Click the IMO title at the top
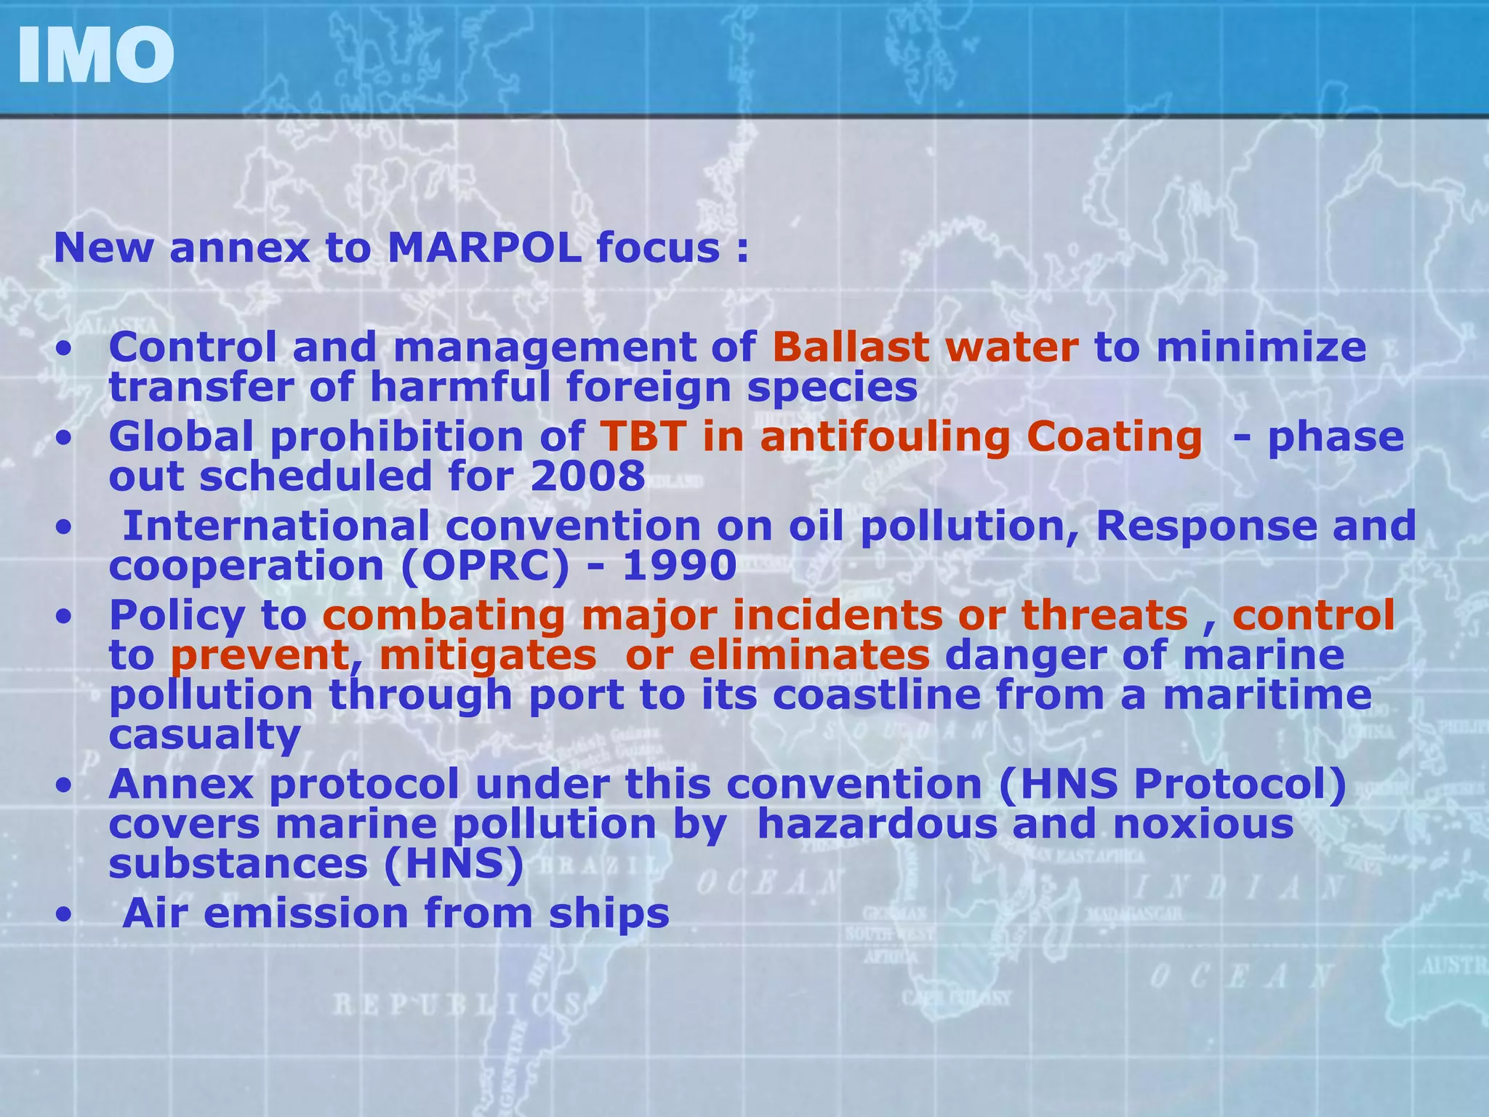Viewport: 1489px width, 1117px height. [x=95, y=56]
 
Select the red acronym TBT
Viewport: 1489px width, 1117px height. [x=643, y=437]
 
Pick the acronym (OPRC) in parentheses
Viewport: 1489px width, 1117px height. [x=485, y=566]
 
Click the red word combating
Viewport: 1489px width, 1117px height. [x=444, y=615]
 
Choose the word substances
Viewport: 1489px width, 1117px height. [x=238, y=864]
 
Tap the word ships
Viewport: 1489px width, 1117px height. [x=609, y=913]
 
